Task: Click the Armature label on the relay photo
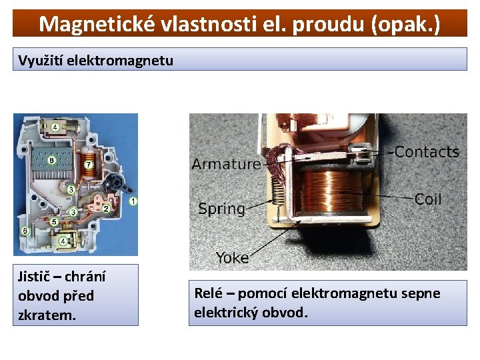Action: tap(226, 164)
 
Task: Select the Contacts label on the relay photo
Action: tap(427, 152)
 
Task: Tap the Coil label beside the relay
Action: tap(428, 199)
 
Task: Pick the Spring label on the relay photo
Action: tap(221, 208)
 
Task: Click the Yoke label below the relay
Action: tap(232, 257)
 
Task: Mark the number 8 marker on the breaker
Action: tap(51, 160)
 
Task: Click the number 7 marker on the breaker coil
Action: tap(89, 165)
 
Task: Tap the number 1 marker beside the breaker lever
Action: tap(133, 201)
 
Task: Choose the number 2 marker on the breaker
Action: tap(105, 209)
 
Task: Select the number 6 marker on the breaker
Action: tap(24, 231)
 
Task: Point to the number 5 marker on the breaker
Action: tap(55, 221)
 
